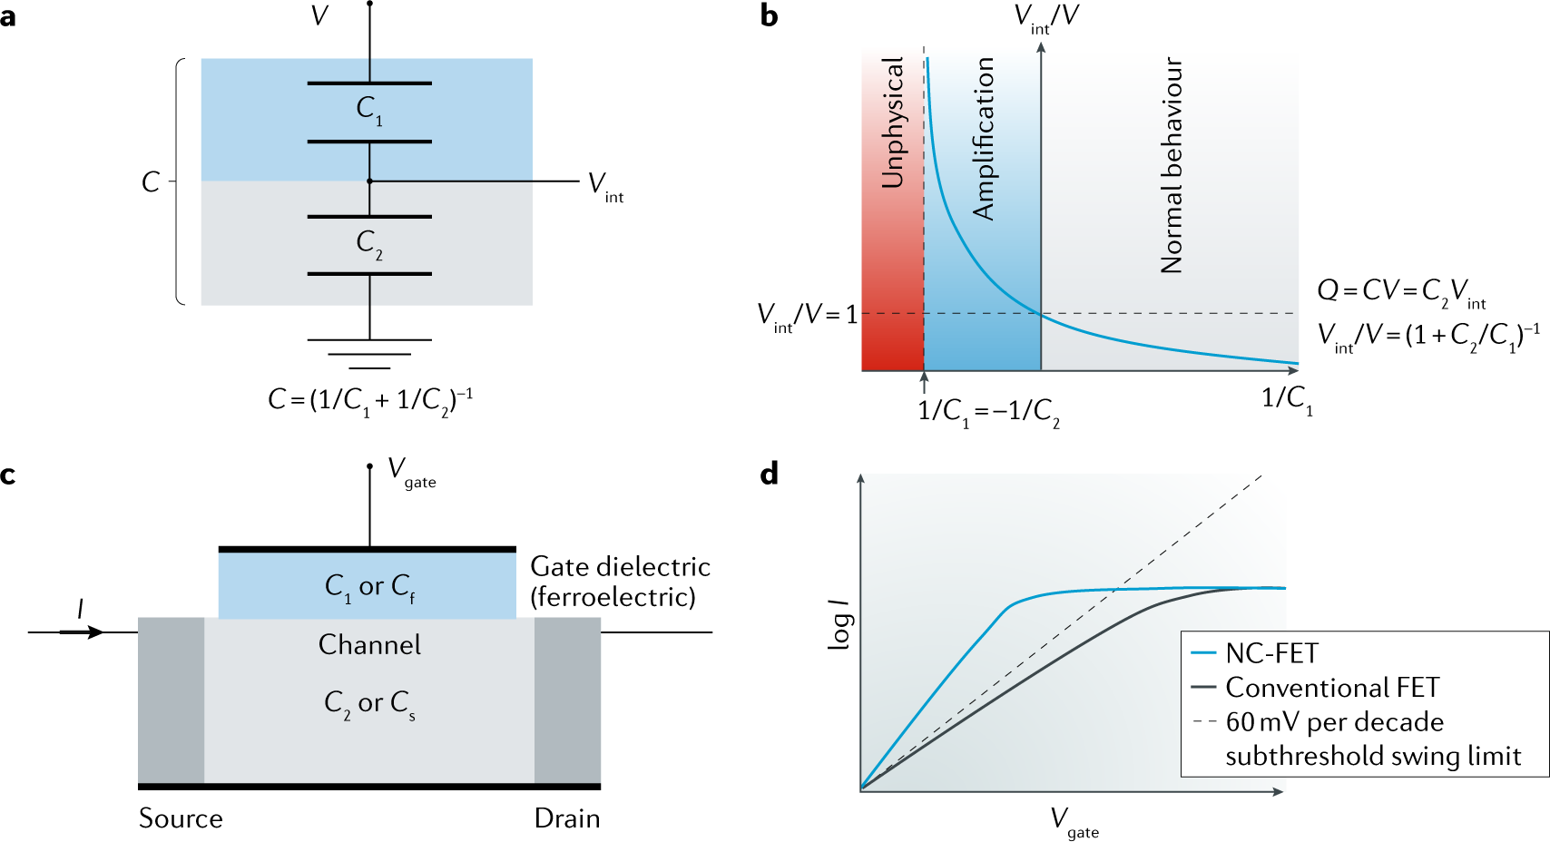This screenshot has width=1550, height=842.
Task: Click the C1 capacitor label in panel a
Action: point(369,111)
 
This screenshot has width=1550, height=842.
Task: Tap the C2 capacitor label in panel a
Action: point(369,244)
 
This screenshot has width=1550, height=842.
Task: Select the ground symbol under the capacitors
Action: point(369,354)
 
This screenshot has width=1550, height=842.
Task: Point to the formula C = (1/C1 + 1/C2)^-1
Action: point(370,400)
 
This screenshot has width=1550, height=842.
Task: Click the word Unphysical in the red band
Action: point(893,122)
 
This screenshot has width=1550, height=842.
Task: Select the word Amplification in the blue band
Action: point(984,139)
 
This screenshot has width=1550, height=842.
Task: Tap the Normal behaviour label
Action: point(1172,165)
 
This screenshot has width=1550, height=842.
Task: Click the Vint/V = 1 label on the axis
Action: point(807,316)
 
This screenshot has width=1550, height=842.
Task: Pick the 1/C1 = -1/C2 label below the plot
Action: point(988,413)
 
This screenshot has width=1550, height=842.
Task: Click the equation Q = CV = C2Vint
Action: point(1401,291)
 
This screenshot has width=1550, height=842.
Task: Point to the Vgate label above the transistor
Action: point(411,472)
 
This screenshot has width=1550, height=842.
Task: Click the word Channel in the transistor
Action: point(369,644)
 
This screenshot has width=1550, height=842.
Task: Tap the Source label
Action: point(181,818)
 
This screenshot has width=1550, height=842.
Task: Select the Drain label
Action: point(567,818)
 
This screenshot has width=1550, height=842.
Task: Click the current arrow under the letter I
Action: point(83,631)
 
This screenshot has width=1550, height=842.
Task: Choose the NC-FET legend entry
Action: point(1270,653)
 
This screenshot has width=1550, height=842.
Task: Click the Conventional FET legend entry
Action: point(1331,688)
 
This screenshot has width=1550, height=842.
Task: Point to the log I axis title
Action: point(840,624)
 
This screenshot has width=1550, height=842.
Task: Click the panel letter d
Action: point(770,475)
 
